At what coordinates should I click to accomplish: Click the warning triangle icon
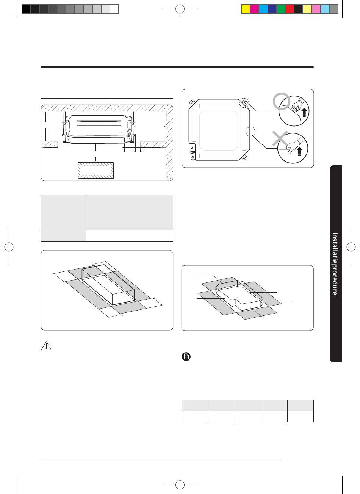coord(46,346)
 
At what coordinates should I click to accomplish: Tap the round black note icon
coord(186,357)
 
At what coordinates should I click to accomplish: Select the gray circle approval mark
coord(281,101)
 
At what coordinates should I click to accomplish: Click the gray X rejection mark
coord(280,138)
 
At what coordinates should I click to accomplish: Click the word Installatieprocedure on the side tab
coord(335,263)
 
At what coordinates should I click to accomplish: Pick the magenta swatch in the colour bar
coord(254,9)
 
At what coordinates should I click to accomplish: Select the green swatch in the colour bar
coord(281,9)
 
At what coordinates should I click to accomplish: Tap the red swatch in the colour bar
coord(290,9)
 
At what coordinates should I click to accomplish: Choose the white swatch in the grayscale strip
coord(114,9)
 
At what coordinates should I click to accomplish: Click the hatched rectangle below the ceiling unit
coord(95,171)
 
